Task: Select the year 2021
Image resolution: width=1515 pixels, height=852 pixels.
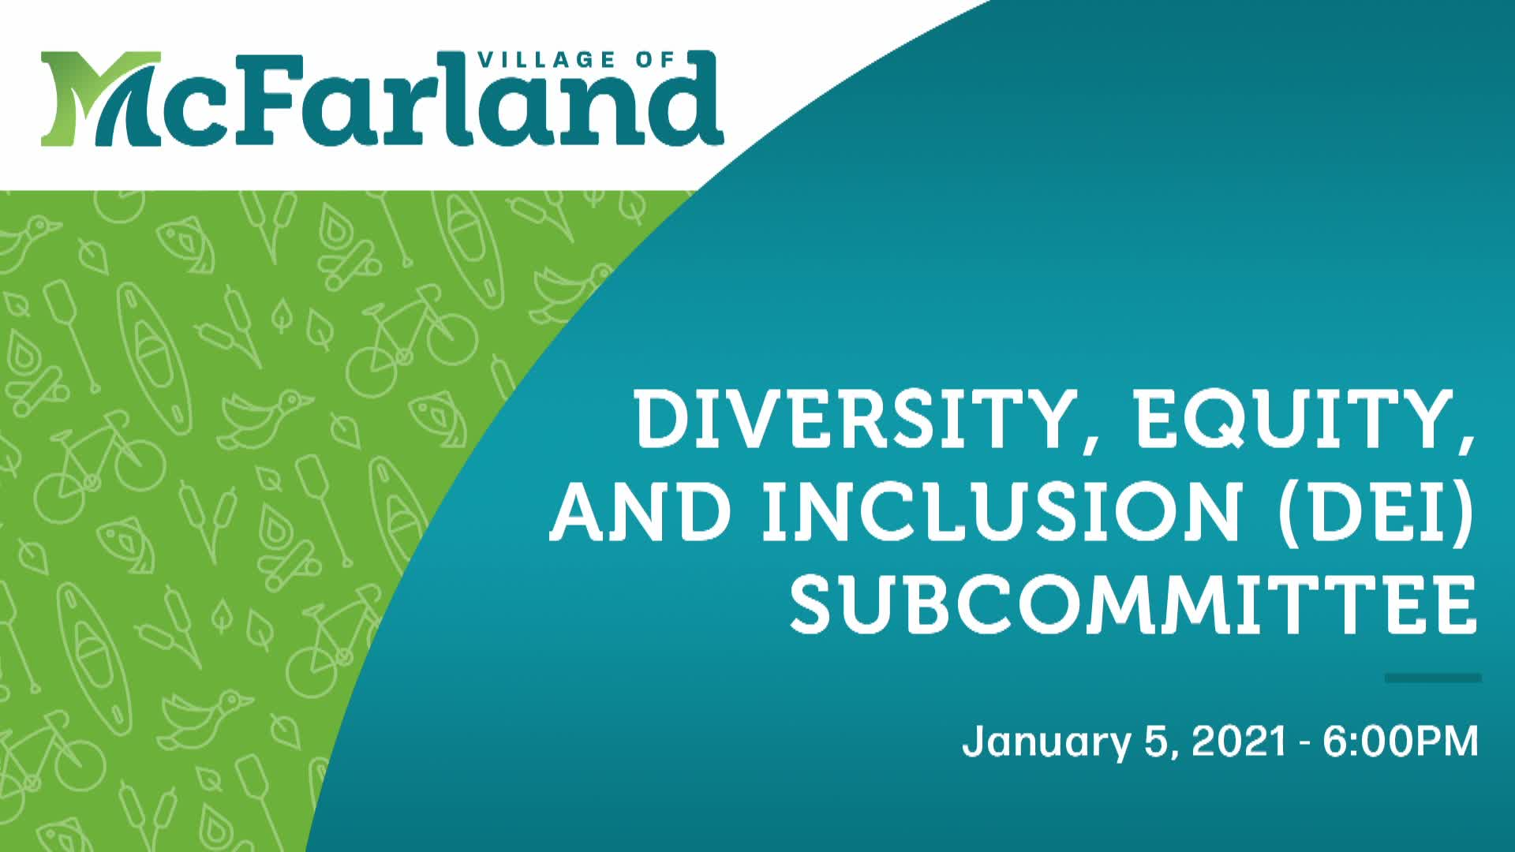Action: pyautogui.click(x=1239, y=742)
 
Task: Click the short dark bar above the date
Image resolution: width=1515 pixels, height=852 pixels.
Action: pyautogui.click(x=1432, y=678)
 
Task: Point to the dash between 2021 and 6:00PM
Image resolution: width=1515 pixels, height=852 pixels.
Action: pyautogui.click(x=1306, y=743)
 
